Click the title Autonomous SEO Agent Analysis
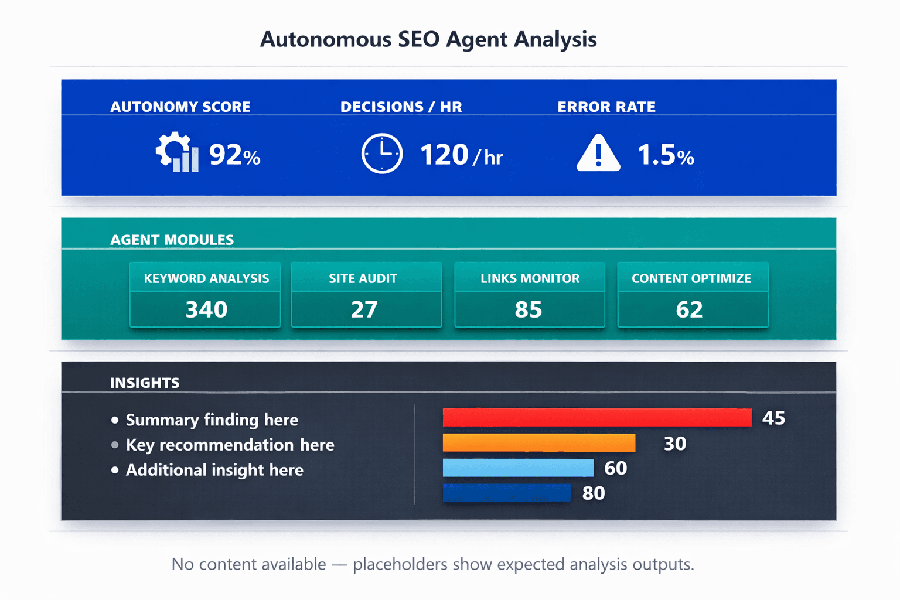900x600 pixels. tap(428, 39)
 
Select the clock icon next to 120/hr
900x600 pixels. tap(381, 154)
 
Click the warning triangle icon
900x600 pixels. tap(598, 154)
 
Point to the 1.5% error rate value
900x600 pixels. tap(665, 155)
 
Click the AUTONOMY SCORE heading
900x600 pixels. tap(180, 107)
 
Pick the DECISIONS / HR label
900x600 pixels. tap(401, 107)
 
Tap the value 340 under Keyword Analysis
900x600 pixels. tap(206, 309)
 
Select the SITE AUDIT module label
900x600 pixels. tap(363, 278)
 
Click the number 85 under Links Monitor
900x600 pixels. tap(528, 309)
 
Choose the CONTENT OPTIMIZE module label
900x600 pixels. tap(691, 278)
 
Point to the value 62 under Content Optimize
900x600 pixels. tap(689, 309)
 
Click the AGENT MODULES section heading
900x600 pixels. tap(172, 240)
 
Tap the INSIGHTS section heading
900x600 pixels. tap(145, 383)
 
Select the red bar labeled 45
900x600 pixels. tap(596, 418)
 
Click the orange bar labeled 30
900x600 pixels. tap(538, 443)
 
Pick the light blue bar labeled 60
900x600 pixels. tap(518, 468)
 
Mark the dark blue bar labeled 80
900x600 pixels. tap(506, 493)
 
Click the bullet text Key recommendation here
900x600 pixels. tap(230, 445)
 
